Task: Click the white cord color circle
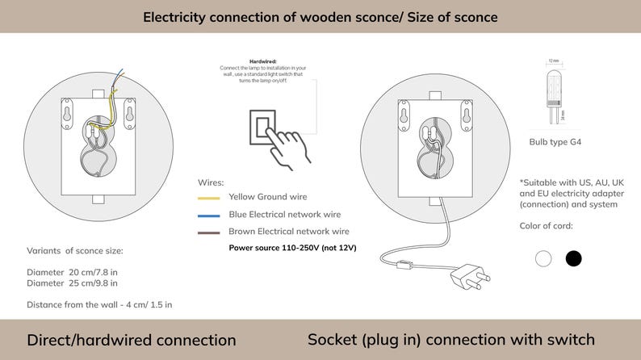click(543, 258)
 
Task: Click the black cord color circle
click(573, 258)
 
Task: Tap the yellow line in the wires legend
click(209, 197)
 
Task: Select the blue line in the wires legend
click(209, 216)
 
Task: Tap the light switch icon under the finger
click(265, 125)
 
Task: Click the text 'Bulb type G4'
click(555, 142)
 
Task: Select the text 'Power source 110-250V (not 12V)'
click(292, 248)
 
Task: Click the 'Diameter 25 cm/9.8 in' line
click(72, 283)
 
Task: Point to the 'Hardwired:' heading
click(263, 61)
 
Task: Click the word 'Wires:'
click(211, 183)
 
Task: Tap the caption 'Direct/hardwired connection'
click(132, 340)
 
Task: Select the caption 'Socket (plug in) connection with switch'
click(451, 340)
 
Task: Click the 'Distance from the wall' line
click(99, 304)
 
